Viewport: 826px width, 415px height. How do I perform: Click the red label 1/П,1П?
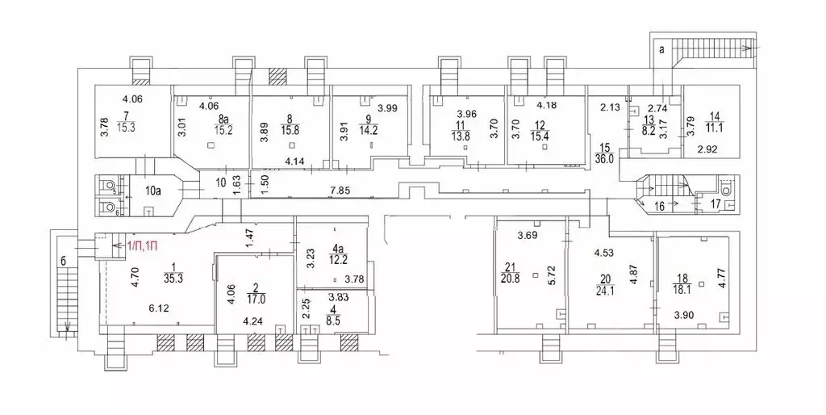pos(141,245)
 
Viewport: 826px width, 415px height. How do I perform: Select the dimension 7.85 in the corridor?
pos(339,190)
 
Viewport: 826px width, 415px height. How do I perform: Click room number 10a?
pos(152,191)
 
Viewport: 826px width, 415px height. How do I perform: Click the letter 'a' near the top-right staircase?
pos(661,50)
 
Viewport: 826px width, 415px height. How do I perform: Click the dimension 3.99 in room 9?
pos(387,109)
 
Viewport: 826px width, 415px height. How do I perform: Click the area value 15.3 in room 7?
pos(126,127)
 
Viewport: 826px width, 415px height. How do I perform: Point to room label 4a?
pos(336,247)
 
